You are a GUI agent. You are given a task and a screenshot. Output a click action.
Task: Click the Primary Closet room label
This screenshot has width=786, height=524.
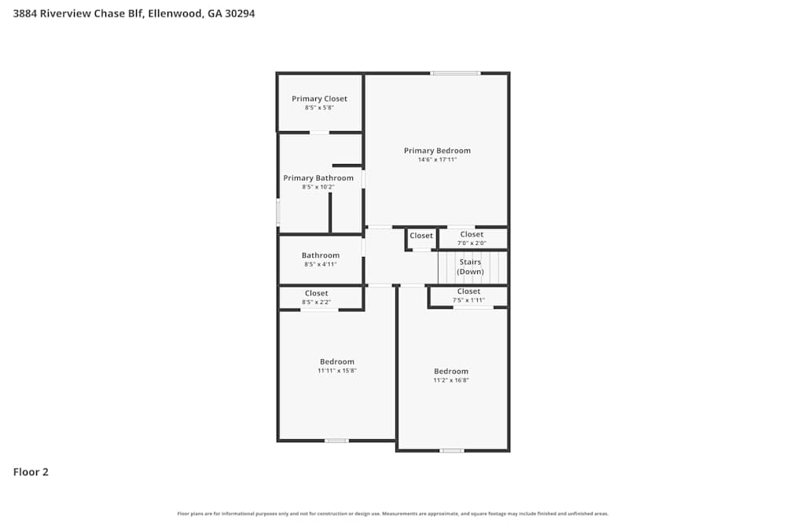point(319,99)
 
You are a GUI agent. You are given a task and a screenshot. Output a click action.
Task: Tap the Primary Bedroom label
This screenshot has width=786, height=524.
point(437,151)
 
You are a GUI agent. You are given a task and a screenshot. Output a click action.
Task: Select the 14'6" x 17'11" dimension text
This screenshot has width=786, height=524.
point(437,159)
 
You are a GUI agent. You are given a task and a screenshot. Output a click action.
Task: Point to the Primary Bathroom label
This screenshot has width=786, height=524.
point(318,178)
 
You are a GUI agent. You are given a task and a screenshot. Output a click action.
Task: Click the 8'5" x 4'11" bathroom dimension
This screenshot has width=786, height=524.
point(321,265)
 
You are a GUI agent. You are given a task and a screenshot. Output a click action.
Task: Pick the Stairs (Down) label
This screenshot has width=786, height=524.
point(471,266)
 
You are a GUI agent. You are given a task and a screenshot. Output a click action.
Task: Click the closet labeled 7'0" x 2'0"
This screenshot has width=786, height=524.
point(472,239)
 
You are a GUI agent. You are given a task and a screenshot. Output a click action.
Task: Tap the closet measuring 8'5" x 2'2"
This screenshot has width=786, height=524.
point(317,298)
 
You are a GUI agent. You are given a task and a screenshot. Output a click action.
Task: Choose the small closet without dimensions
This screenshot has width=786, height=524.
point(421,236)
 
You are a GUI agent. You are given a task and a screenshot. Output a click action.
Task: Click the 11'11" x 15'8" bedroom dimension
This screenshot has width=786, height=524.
point(337,371)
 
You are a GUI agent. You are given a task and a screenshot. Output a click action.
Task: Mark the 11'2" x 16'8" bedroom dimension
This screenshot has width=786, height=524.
point(451,380)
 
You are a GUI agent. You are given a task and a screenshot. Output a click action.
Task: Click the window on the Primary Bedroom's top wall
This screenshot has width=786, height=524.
point(455,73)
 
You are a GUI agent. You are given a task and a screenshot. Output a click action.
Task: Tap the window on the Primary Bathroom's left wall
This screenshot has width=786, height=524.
point(277,213)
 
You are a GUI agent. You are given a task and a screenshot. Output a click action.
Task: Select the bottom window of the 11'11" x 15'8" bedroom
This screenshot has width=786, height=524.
point(336,441)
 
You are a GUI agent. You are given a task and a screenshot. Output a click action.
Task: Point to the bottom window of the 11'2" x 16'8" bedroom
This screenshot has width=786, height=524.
point(451,451)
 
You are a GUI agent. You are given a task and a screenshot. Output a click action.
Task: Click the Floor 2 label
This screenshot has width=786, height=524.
point(31,472)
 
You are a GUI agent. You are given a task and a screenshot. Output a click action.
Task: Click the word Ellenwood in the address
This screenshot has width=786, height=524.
point(174,13)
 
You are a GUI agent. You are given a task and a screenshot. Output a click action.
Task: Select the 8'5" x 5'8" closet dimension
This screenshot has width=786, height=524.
point(319,108)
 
